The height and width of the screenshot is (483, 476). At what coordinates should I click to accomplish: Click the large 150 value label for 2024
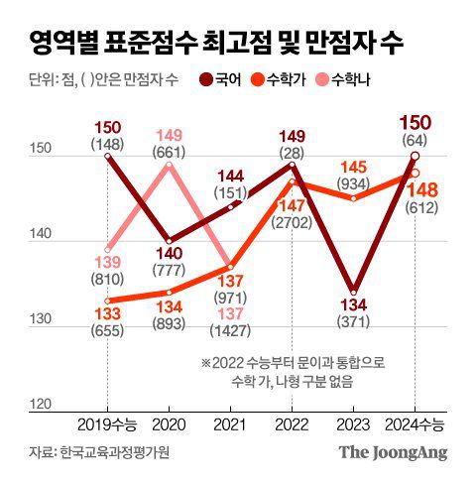(414, 122)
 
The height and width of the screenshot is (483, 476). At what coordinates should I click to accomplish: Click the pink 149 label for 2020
(169, 136)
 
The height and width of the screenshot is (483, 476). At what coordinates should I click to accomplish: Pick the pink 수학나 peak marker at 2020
(169, 164)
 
